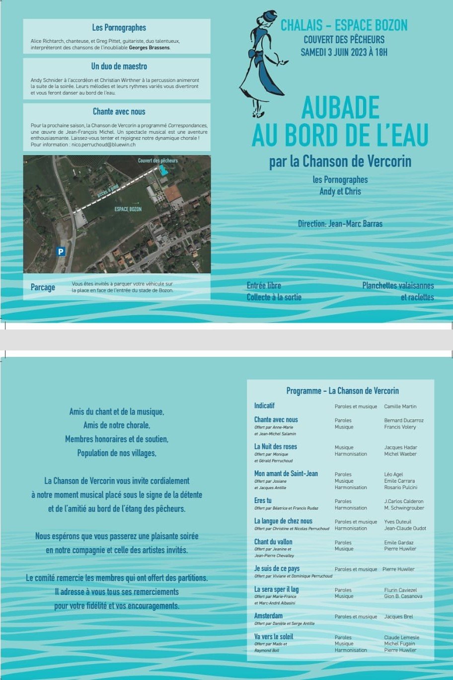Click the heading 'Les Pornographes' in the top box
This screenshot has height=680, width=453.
pos(119,28)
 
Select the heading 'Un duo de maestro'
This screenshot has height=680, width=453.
pos(119,66)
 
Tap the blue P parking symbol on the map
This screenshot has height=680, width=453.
pos(61,252)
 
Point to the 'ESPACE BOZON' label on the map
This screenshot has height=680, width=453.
pos(128,209)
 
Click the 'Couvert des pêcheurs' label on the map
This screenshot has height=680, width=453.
pos(157,161)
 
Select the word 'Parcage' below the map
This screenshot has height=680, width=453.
pos(43,287)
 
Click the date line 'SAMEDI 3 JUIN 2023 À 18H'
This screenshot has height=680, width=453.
pos(344,52)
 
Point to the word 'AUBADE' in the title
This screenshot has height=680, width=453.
pos(340,107)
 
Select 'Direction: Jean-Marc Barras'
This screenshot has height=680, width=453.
pos(340,224)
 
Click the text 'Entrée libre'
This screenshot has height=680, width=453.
pos(264,286)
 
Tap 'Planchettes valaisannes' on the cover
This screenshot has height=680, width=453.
pos(398,286)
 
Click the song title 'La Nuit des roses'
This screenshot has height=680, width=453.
pos(276,447)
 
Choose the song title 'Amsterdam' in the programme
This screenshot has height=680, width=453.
pos(268,616)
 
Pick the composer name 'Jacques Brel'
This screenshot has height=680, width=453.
pos(398,617)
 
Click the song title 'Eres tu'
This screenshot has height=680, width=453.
pos(263,501)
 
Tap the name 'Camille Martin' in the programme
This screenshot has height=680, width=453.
pos(400,407)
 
